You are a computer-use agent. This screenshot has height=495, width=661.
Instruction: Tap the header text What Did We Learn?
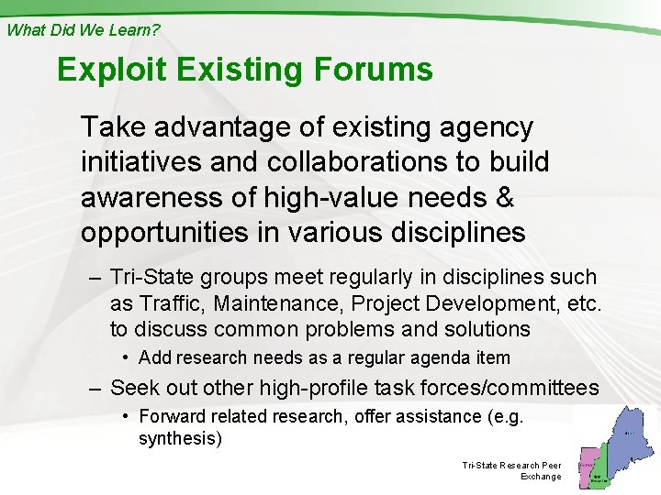[x=84, y=29]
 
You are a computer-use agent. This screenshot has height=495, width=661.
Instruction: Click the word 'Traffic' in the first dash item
[x=169, y=302]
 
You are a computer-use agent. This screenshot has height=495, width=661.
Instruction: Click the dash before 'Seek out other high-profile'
[x=94, y=389]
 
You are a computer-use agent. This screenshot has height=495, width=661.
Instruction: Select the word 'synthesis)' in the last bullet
[x=180, y=438]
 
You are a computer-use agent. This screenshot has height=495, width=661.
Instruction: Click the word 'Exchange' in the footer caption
[x=541, y=477]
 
